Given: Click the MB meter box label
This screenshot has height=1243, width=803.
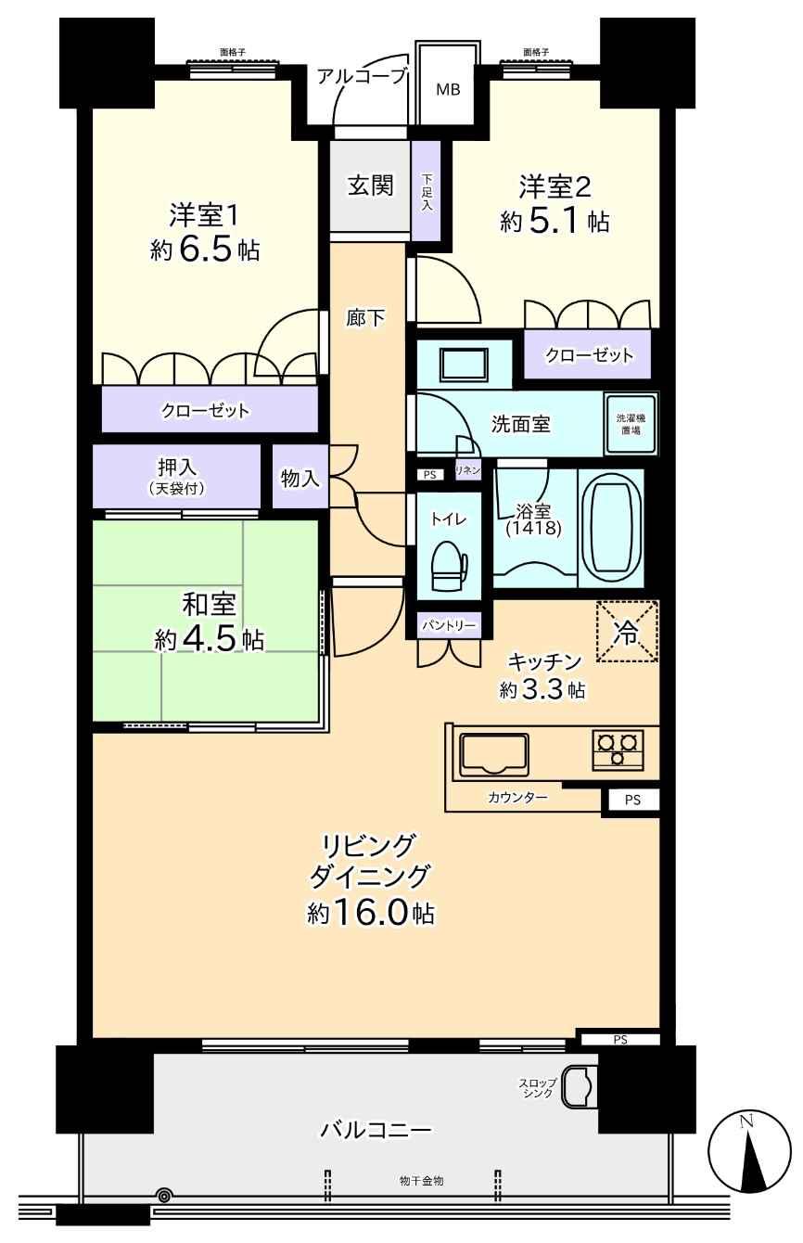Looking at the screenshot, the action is [x=448, y=89].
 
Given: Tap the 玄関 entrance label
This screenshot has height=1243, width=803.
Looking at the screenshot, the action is [x=371, y=186].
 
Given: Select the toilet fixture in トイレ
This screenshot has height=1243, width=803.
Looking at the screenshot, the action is [x=449, y=566].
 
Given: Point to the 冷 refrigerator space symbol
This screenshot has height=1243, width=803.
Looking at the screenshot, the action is [x=627, y=632].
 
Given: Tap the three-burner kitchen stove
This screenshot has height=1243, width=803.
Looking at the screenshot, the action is [x=618, y=750].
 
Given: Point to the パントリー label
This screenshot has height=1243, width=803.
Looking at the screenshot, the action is [x=449, y=625].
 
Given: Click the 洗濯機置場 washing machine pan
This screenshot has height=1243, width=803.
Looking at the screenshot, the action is [x=631, y=425].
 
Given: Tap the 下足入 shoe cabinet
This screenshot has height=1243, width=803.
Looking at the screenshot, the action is [x=426, y=191].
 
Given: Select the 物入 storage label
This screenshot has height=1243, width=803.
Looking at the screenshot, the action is [x=300, y=478].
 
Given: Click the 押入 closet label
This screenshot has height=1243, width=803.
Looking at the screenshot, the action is [x=177, y=468].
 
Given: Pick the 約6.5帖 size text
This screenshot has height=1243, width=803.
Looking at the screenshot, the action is [x=205, y=250].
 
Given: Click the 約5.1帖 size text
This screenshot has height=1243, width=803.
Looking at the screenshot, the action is [x=554, y=222].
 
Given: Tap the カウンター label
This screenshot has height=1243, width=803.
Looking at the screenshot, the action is [x=517, y=798].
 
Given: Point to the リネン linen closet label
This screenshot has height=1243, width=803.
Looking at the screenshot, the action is [x=467, y=470].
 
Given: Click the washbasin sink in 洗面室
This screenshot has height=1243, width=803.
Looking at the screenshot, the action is [x=465, y=365].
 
